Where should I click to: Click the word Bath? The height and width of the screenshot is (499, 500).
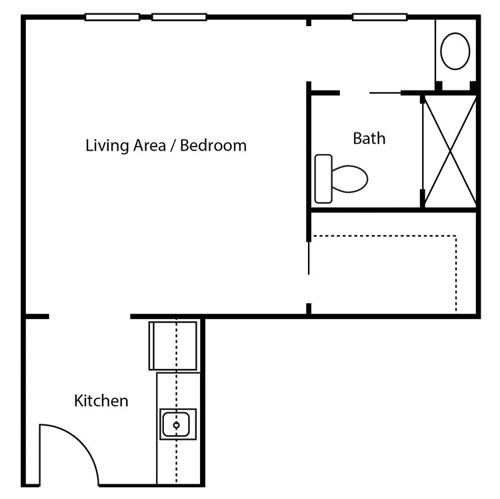coord(369,139)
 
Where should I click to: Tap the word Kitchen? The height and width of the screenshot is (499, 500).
coord(101,400)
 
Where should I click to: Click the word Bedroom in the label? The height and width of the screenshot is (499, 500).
coord(213,145)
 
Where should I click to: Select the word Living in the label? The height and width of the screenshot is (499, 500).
coord(108,147)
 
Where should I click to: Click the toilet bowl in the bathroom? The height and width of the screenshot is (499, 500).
coord(349,179)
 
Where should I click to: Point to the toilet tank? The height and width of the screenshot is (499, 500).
coord(323,179)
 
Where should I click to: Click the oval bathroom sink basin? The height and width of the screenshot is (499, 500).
coord(455,51)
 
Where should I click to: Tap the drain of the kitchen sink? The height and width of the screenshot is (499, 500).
coord(177,425)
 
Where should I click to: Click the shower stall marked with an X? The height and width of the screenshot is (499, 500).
coord(449,151)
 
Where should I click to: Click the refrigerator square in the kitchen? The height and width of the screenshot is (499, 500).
coord(173,346)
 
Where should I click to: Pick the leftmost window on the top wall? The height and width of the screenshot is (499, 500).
coord(112,17)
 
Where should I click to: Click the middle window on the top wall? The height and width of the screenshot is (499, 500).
coord(179,17)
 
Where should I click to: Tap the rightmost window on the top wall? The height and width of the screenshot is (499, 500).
coord(380,17)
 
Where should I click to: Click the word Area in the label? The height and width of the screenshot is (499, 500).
coord(150,145)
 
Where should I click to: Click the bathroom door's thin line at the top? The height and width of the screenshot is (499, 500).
coord(385,93)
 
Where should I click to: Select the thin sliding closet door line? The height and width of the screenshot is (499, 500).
coord(309,258)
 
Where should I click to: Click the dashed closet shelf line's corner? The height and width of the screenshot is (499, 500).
coord(456,236)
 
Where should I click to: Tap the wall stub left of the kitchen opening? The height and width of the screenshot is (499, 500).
coord(37,316)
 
